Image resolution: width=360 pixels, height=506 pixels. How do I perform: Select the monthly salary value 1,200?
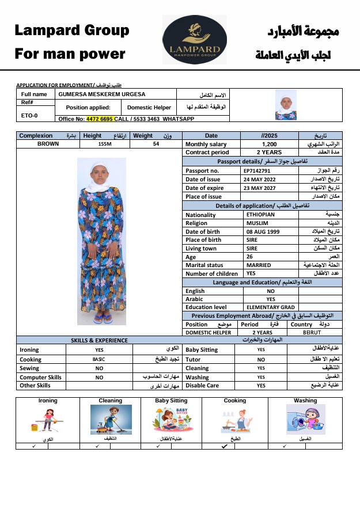(x=269, y=144)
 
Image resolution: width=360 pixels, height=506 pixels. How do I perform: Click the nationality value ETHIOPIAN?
(x=260, y=215)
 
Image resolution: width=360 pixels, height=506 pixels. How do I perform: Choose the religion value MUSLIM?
(x=257, y=223)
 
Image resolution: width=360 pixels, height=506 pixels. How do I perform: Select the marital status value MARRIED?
(x=259, y=265)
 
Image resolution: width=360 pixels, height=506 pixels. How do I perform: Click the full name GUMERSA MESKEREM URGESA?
(x=101, y=94)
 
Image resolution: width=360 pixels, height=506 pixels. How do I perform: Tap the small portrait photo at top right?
(x=286, y=105)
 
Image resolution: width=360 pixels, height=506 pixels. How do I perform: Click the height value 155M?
(x=105, y=144)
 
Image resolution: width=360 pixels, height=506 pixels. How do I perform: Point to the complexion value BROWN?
(x=48, y=144)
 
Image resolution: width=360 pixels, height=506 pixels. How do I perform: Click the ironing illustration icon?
(x=48, y=420)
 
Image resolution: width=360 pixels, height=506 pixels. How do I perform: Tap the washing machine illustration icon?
(x=305, y=420)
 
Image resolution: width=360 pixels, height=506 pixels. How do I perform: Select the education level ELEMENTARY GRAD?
(x=270, y=307)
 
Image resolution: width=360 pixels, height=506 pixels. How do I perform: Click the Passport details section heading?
(x=262, y=162)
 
